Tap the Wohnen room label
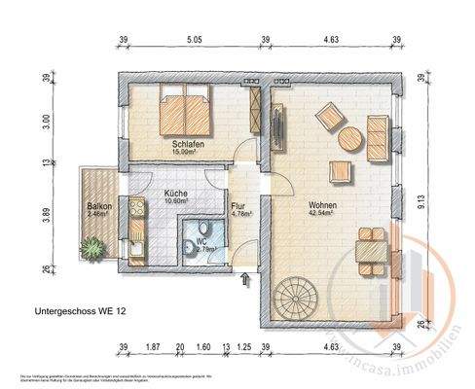(323, 205)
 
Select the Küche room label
(176, 194)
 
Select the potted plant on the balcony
(93, 250)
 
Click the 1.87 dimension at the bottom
(152, 347)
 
